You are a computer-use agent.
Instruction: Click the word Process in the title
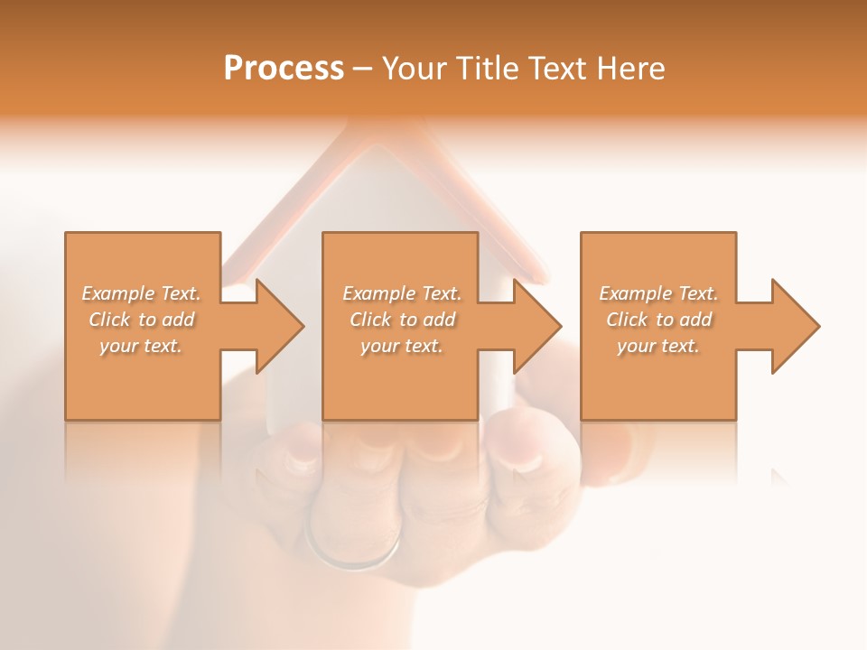(284, 69)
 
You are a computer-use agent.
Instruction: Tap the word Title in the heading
(485, 69)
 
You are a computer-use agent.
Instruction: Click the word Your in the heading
(415, 69)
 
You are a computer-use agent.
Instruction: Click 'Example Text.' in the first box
(141, 293)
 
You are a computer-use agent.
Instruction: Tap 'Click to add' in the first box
(141, 320)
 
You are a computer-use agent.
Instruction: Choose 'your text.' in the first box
(141, 346)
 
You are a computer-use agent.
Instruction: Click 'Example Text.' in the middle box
(402, 293)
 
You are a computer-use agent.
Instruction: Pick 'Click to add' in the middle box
(402, 320)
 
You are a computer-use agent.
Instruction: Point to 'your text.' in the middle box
(402, 346)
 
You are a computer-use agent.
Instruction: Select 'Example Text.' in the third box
(658, 293)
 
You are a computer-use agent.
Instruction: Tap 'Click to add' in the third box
(658, 320)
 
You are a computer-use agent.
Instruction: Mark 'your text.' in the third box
(658, 346)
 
